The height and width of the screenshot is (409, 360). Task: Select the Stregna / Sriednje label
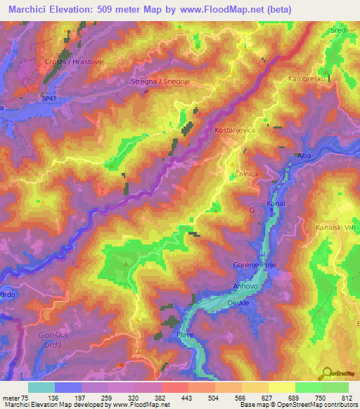[x=161, y=82]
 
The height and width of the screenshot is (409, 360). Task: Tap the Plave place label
[x=186, y=335]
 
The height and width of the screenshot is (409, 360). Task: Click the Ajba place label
[x=304, y=155]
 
